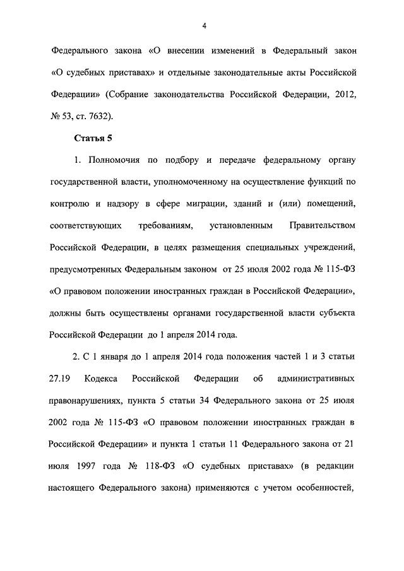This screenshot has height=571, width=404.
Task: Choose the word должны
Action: pyautogui.click(x=64, y=313)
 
